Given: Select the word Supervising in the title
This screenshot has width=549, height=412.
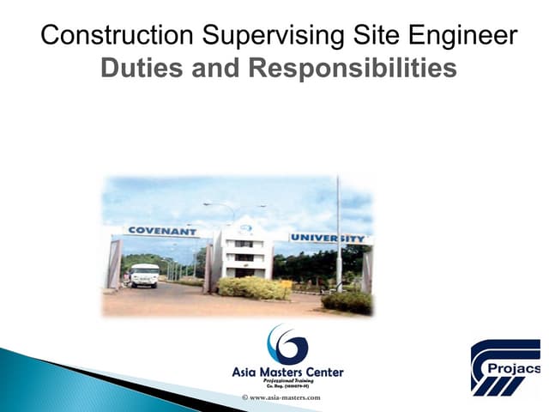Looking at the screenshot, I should click(258, 36).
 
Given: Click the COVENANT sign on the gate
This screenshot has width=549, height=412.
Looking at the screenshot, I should click(161, 231).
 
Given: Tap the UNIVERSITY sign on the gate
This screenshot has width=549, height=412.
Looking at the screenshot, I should click(329, 238).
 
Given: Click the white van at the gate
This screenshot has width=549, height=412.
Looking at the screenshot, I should click(144, 275).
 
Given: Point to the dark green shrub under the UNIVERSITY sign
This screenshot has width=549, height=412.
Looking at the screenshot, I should click(347, 300).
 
